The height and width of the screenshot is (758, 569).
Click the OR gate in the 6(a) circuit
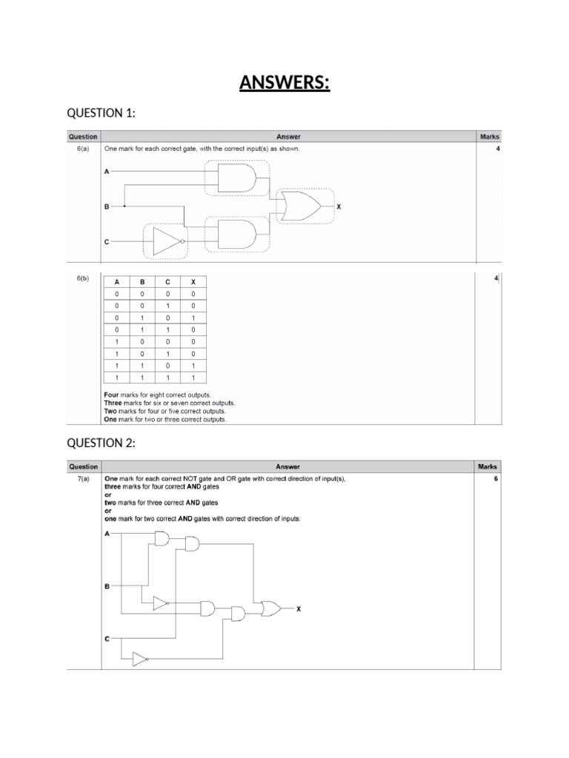pyautogui.click(x=299, y=207)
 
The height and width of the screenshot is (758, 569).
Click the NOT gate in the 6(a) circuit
pyautogui.click(x=167, y=241)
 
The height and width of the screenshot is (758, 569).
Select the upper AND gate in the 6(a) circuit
pyautogui.click(x=236, y=178)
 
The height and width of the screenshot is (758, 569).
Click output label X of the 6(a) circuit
pyautogui.click(x=339, y=207)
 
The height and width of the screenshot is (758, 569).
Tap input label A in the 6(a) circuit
pyautogui.click(x=107, y=172)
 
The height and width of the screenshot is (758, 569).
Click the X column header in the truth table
pyautogui.click(x=193, y=282)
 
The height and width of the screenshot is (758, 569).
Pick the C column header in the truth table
pyautogui.click(x=167, y=282)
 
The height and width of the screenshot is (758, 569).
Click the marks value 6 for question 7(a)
pyautogui.click(x=495, y=479)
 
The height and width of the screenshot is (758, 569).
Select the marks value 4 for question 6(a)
pyautogui.click(x=497, y=149)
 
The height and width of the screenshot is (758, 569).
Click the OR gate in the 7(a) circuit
pyautogui.click(x=270, y=608)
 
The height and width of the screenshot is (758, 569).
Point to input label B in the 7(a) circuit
pyautogui.click(x=107, y=586)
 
